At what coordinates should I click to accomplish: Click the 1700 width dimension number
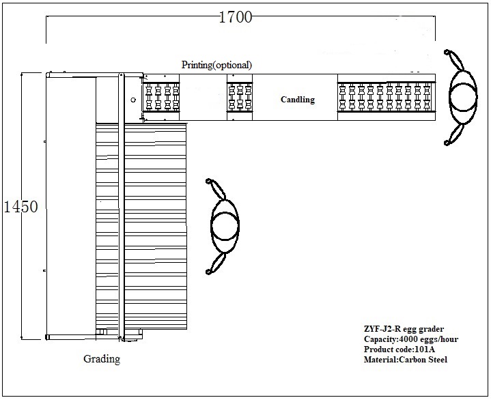(x=235, y=17)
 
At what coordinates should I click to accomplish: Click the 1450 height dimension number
(x=20, y=207)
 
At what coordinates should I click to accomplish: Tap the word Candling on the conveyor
(x=298, y=100)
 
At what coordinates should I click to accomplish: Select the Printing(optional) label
(x=216, y=65)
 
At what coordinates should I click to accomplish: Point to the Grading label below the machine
(x=102, y=358)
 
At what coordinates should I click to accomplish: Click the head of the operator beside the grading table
(x=225, y=225)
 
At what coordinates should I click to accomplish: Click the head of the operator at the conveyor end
(x=463, y=97)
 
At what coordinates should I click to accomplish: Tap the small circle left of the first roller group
(x=133, y=100)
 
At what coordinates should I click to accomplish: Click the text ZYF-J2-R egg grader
(x=404, y=329)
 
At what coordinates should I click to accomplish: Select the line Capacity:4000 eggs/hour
(x=411, y=339)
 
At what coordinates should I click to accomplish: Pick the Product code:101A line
(x=399, y=349)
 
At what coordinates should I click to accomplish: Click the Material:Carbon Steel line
(x=406, y=359)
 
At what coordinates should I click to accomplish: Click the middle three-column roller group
(x=240, y=97)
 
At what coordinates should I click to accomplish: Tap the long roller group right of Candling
(x=386, y=97)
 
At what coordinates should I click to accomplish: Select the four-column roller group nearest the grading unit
(x=162, y=97)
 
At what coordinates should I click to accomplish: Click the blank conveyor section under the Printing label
(x=203, y=97)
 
